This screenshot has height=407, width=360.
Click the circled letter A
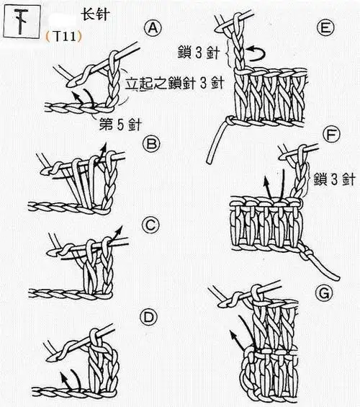[x=152, y=28]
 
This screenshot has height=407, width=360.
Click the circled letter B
[x=152, y=144]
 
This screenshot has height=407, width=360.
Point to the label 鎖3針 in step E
[x=197, y=52]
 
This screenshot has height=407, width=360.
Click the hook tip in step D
[x=51, y=356]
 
